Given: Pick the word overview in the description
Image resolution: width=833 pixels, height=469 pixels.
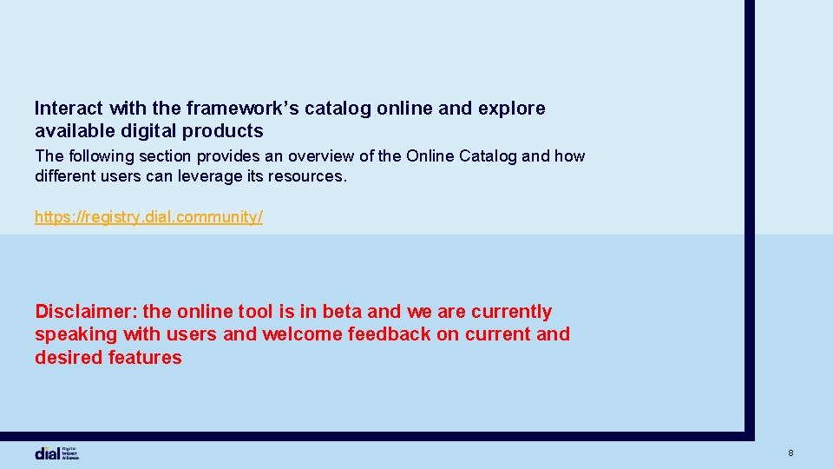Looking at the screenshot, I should point(323,156).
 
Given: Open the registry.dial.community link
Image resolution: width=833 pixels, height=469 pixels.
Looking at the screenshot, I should point(148,217).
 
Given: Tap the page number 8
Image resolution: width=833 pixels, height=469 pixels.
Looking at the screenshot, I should point(790,453).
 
